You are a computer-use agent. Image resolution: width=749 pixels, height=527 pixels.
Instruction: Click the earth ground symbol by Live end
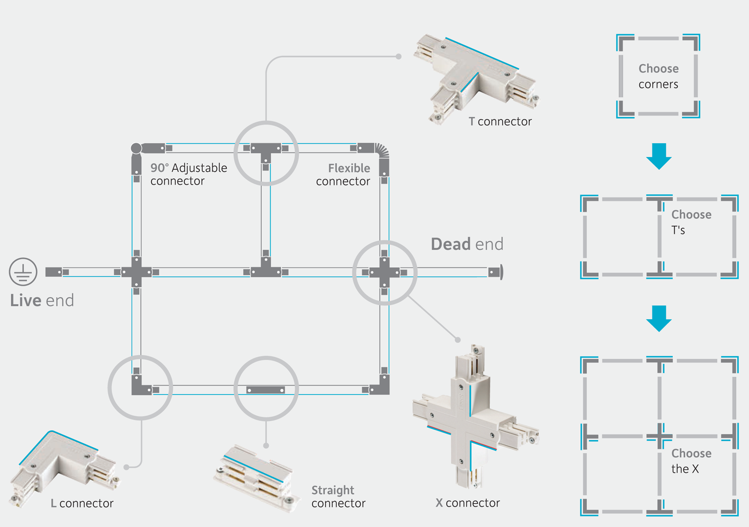click(23, 272)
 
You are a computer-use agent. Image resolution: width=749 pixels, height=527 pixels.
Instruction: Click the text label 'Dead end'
click(467, 244)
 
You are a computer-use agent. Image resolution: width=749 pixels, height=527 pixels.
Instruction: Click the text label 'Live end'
click(42, 300)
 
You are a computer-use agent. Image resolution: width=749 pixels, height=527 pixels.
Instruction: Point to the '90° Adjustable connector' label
click(188, 174)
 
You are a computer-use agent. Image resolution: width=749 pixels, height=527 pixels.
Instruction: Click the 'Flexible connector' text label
click(343, 175)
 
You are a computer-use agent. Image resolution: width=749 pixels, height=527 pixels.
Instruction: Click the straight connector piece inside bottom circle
click(265, 390)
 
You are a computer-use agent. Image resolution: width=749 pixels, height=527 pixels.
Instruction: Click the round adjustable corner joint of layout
click(136, 148)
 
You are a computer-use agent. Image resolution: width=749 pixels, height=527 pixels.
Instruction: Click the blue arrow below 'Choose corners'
click(659, 156)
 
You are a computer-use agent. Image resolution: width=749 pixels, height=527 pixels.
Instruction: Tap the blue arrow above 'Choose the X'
click(659, 318)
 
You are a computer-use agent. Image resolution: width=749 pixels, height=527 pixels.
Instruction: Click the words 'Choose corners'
click(658, 76)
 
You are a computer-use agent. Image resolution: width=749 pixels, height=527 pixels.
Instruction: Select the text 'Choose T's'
click(690, 222)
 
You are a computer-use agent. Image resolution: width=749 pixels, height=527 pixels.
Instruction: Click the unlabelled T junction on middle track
click(265, 270)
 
